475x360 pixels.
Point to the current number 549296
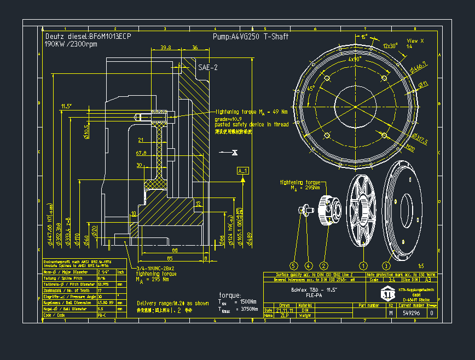coord(412,313)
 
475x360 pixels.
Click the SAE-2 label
coord(208,67)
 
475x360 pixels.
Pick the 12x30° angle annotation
coord(390,46)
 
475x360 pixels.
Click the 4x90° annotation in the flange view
coord(355,59)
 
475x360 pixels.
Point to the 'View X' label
coord(415,41)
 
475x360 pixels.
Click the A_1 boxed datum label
coord(242,171)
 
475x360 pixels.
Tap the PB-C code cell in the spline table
coord(102,315)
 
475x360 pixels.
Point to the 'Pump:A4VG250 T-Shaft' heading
coord(250,37)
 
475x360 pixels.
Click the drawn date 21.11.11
coord(285,310)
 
